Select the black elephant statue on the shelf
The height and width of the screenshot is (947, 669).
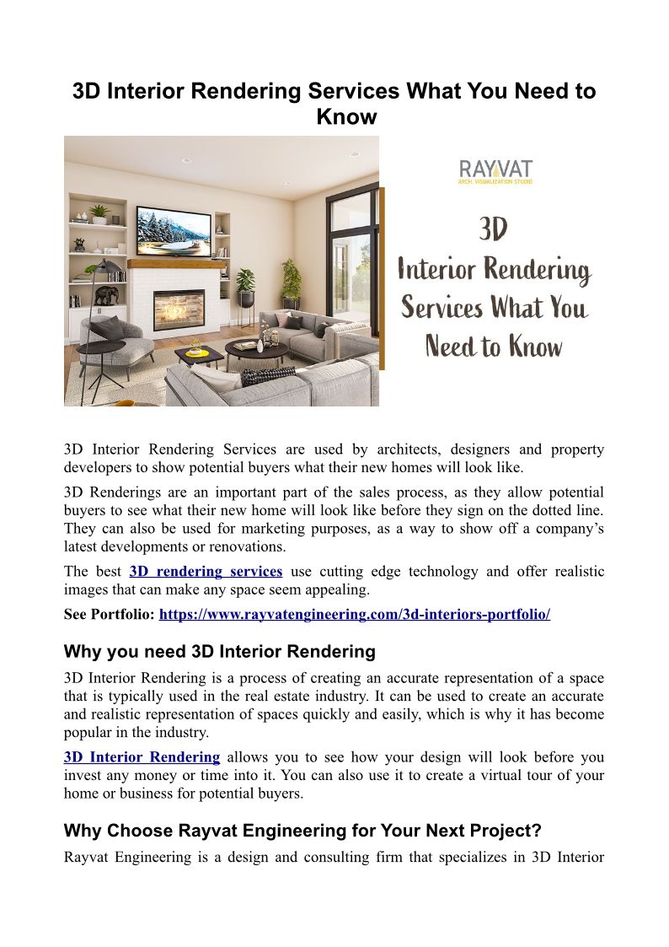click(x=106, y=294)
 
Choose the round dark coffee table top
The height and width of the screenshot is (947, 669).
click(x=256, y=347)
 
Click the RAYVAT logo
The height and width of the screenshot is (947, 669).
click(x=495, y=170)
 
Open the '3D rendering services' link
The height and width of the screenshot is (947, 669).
click(x=206, y=572)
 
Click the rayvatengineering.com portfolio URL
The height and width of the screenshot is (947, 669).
click(x=354, y=615)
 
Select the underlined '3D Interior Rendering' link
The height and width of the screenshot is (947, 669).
click(x=142, y=757)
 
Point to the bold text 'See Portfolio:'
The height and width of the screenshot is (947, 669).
click(x=109, y=615)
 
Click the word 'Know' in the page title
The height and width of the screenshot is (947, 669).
click(x=346, y=116)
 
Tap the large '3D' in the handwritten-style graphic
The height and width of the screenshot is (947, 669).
click(x=494, y=230)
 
